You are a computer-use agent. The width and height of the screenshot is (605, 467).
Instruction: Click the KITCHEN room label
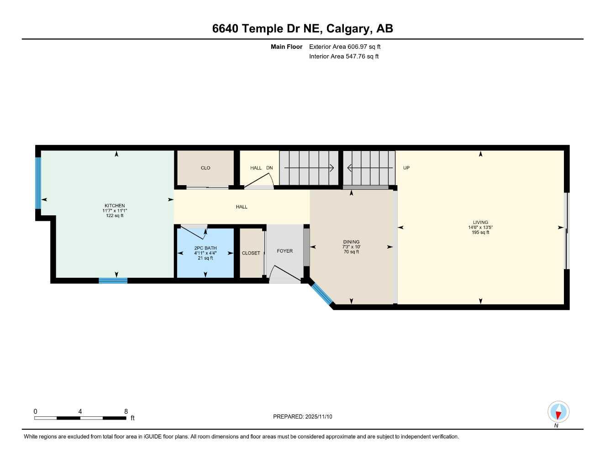[x=114, y=206]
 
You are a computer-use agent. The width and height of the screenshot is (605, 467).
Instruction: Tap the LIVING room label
[x=480, y=223]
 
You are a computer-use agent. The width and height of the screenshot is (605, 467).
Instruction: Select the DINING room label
[x=351, y=242]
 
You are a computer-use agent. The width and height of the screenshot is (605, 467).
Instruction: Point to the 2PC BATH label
[x=205, y=248]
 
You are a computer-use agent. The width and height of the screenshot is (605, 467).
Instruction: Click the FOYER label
[x=284, y=251]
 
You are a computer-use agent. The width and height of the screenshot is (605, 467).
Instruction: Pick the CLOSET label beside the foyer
[x=251, y=253]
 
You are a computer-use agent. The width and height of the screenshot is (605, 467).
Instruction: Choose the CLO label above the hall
[x=205, y=168]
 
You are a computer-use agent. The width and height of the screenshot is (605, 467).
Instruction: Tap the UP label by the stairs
[x=406, y=168]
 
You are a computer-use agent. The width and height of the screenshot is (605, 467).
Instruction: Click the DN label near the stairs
[x=269, y=168]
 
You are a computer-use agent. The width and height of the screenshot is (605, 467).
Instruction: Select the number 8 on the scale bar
[x=126, y=411]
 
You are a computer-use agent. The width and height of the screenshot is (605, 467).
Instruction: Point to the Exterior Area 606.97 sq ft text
[x=345, y=47]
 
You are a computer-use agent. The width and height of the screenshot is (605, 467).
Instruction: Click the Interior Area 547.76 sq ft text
[x=344, y=57]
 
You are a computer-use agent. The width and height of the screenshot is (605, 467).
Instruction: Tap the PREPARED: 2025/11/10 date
[x=302, y=416]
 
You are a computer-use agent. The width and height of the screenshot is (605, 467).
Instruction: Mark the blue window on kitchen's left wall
[x=38, y=183]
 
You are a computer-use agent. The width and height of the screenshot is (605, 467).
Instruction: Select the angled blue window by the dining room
[x=322, y=294]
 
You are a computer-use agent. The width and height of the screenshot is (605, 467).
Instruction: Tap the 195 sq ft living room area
[x=480, y=233]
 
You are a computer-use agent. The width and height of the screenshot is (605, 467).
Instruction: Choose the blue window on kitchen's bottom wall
[x=113, y=280]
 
